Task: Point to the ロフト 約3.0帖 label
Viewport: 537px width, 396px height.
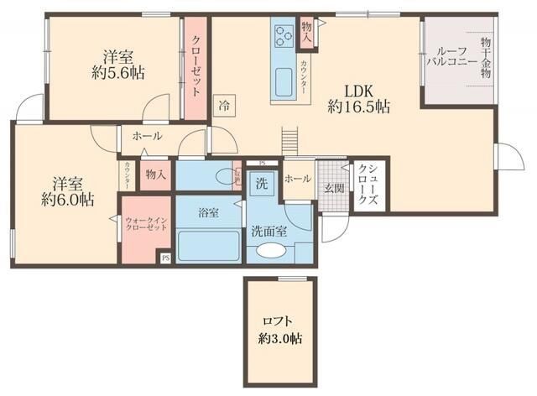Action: (x=280, y=331)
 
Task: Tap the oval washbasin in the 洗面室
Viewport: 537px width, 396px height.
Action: (x=271, y=251)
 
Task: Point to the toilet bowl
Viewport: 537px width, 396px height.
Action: (x=225, y=176)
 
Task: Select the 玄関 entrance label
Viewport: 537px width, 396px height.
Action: (x=333, y=187)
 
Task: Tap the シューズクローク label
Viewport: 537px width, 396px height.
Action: (x=366, y=185)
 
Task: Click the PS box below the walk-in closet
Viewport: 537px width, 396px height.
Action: (x=165, y=258)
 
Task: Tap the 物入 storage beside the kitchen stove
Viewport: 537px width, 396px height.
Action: (x=305, y=34)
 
